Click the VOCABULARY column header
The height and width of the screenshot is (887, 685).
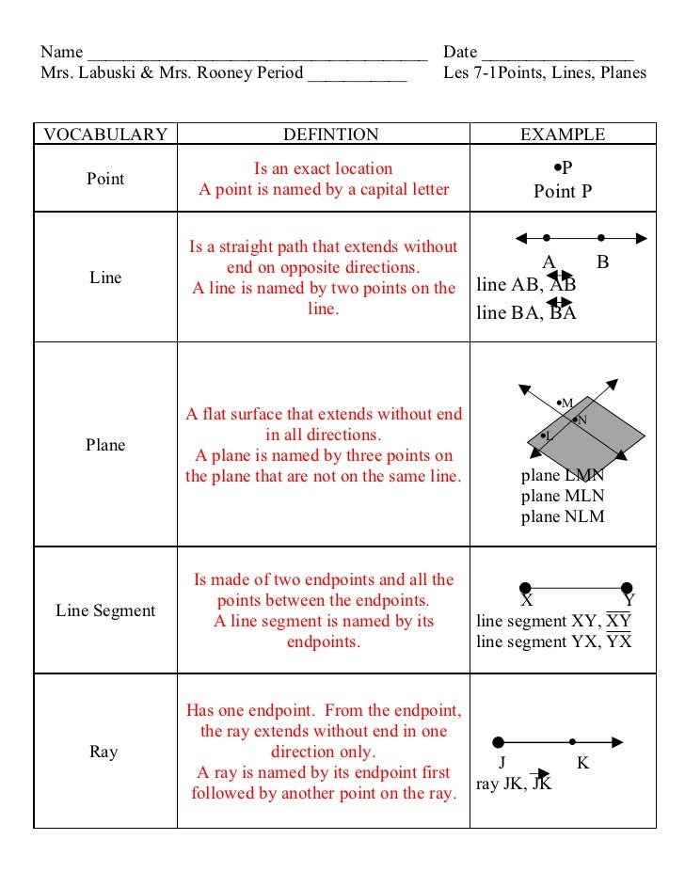[x=105, y=135]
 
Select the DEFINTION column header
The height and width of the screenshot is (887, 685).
[x=330, y=135]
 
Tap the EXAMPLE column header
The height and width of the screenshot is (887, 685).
[x=563, y=135]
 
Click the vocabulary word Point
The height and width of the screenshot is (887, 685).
[x=105, y=179]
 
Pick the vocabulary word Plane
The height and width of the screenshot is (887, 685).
[x=105, y=445]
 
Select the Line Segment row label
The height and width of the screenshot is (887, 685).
[x=105, y=610]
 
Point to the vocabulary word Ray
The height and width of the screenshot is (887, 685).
[x=104, y=752]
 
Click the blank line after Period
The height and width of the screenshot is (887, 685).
[x=357, y=75]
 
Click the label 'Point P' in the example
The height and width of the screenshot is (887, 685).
[x=563, y=192]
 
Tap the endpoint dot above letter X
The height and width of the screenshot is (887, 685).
[x=526, y=588]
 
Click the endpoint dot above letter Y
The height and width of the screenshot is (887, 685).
[x=627, y=588]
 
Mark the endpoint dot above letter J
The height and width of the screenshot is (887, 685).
[x=499, y=742]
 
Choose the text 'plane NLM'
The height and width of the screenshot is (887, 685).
[x=563, y=516]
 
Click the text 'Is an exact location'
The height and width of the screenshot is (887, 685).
[x=324, y=168]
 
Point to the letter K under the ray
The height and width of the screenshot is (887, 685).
[x=582, y=763]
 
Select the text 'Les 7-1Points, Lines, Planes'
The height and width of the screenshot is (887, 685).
[x=545, y=73]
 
